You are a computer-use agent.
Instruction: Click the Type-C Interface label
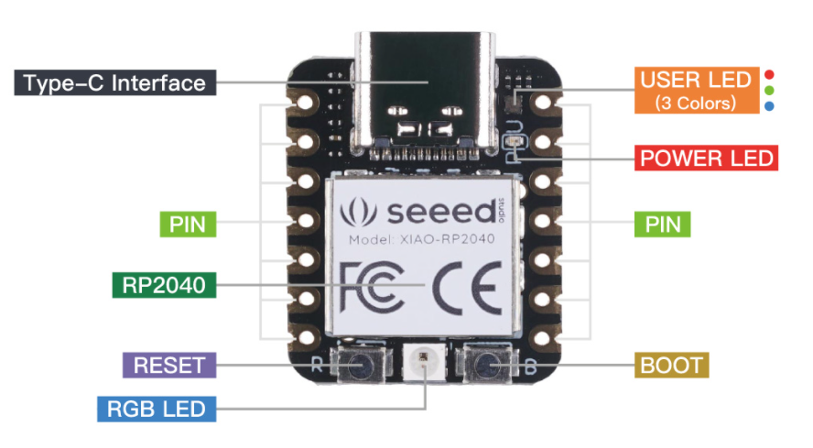tap(114, 83)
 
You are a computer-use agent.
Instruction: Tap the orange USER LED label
tap(695, 89)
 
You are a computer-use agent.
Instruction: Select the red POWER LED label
tap(706, 158)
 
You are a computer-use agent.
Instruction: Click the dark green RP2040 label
tap(162, 284)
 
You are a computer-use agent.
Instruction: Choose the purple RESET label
tap(168, 365)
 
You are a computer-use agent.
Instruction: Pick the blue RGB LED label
tap(156, 408)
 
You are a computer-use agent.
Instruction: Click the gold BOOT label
tap(671, 366)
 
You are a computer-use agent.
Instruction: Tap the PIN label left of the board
tap(189, 223)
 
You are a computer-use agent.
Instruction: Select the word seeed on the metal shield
tap(439, 213)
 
